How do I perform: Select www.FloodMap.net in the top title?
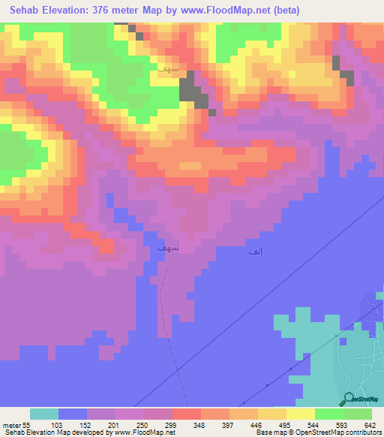(212, 10)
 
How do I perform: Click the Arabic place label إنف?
(256, 252)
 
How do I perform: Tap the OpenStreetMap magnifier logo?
(349, 399)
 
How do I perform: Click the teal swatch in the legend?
(44, 414)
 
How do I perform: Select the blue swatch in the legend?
(73, 414)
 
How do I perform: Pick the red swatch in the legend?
(187, 414)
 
